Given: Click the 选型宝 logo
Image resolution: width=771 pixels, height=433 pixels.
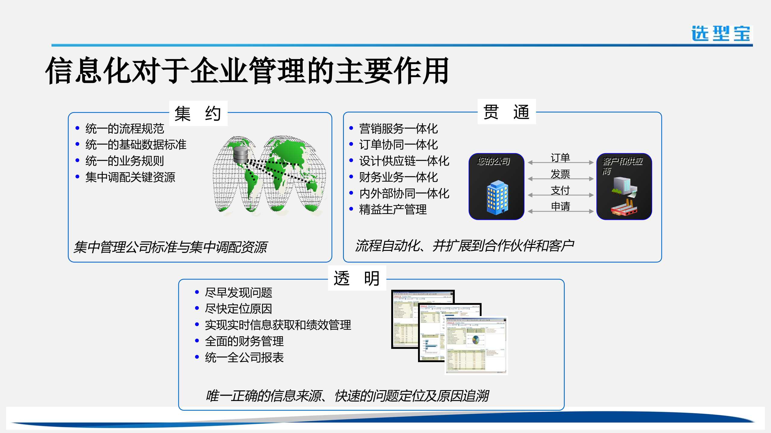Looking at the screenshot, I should (x=721, y=33).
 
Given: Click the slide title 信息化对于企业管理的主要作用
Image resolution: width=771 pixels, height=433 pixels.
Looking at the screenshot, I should (x=247, y=71).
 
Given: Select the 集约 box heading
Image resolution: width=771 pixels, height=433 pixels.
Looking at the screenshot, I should (x=198, y=113).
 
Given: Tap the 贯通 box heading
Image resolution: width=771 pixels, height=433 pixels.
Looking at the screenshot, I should (x=507, y=112).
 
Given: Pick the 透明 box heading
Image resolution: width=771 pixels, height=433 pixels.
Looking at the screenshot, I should (x=357, y=278).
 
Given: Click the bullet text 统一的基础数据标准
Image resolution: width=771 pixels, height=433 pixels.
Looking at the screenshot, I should (x=136, y=145).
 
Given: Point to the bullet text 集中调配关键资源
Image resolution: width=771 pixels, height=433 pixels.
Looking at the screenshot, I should (x=130, y=177).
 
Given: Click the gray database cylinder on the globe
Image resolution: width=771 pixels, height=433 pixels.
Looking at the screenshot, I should (x=240, y=155).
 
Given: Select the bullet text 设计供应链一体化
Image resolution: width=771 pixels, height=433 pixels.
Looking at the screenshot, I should (x=404, y=161).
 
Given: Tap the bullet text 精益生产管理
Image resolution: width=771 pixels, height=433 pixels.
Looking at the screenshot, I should (x=393, y=210).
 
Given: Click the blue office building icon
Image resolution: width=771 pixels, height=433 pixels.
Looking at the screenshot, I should (x=497, y=198).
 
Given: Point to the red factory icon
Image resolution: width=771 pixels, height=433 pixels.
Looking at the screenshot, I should (x=624, y=208).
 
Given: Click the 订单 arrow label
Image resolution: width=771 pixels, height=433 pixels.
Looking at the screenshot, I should (x=560, y=158).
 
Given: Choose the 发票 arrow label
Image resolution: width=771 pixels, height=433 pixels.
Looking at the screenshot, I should (x=560, y=174).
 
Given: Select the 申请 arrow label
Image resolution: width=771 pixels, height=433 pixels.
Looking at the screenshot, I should (x=560, y=207).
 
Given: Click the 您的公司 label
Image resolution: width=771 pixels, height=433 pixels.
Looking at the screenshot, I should (x=494, y=161).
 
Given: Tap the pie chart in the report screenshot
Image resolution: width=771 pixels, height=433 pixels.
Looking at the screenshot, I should (x=476, y=340).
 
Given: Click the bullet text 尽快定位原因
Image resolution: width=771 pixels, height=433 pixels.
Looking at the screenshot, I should (x=238, y=309).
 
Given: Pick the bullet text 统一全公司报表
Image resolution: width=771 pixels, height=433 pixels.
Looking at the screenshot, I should (x=244, y=358).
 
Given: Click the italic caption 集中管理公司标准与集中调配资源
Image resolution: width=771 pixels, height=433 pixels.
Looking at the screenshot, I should (x=170, y=247).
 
